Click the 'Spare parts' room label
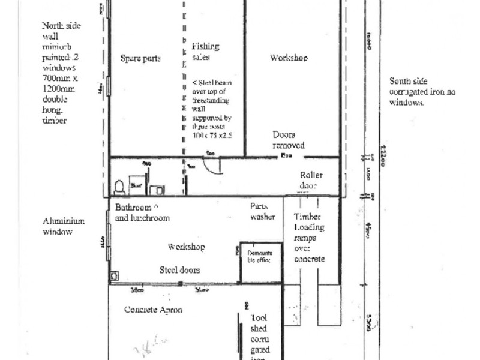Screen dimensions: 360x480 click(140, 59)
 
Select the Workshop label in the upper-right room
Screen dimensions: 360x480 click(289, 58)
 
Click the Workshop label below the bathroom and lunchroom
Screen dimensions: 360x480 click(187, 247)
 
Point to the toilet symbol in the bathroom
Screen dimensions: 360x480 click(119, 187)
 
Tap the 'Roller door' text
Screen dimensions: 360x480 click(311, 180)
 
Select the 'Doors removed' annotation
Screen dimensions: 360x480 click(288, 140)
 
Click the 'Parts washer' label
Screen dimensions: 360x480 click(262, 211)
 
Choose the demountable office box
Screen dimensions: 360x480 click(260, 262)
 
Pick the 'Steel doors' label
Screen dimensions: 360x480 click(179, 270)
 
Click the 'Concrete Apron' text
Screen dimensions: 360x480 click(152, 310)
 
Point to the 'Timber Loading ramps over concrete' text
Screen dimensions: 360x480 click(309, 238)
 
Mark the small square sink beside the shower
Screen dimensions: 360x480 click(157, 190)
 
